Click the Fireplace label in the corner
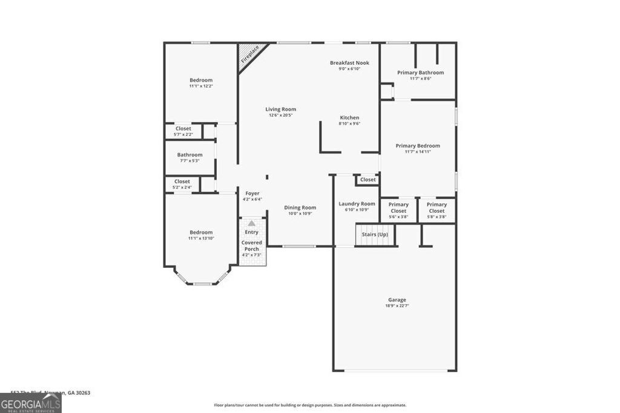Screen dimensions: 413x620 tap(249, 54)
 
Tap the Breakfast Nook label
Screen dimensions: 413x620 tap(349, 63)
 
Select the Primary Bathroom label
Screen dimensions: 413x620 tap(420, 73)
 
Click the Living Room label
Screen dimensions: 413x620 tap(280, 109)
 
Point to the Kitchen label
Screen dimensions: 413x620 tap(349, 118)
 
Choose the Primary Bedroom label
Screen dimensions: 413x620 tap(418, 146)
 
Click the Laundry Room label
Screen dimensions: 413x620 tap(357, 204)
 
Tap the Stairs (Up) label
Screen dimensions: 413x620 tap(375, 234)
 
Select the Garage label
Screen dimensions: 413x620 tap(397, 300)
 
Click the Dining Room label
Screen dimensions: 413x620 tap(300, 207)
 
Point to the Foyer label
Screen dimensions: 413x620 tap(252, 193)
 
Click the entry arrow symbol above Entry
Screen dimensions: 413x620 tap(251, 223)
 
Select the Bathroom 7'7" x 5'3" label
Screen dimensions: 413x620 tap(190, 155)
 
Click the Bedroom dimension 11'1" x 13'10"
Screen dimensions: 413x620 tap(201, 238)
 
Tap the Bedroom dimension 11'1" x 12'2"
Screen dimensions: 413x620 tap(201, 86)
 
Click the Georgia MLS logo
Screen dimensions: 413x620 tap(31, 403)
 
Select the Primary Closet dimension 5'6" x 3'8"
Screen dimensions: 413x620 tap(398, 216)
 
